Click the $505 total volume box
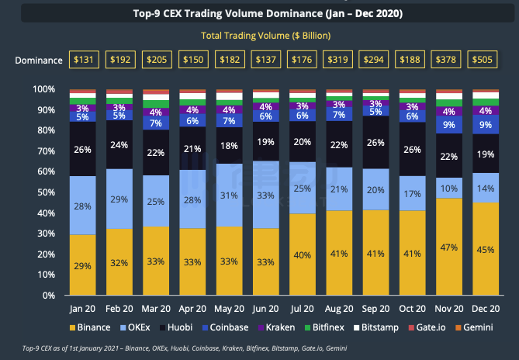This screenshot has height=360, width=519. point(483,60)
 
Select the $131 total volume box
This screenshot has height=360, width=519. point(84,60)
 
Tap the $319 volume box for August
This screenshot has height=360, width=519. point(337,60)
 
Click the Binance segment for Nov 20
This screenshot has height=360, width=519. point(449,247)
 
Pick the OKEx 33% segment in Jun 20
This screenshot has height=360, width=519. point(266,195)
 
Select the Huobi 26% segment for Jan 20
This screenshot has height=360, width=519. point(83,149)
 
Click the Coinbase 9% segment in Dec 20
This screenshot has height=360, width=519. point(486,124)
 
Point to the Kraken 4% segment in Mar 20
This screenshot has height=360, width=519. point(156,112)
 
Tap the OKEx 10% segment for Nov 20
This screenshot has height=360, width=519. point(449,188)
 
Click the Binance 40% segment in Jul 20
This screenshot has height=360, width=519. point(303,254)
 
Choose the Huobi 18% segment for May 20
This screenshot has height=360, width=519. point(229,146)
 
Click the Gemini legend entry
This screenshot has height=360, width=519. point(474,327)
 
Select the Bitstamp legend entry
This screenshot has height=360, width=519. point(376,327)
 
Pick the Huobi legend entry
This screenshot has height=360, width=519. point(176,327)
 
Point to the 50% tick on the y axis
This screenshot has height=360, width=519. point(46,192)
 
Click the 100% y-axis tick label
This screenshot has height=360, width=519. point(43,89)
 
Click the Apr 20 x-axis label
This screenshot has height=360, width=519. point(192,309)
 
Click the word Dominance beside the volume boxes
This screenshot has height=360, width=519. point(39,61)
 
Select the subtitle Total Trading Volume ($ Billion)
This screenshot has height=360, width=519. point(266,36)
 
